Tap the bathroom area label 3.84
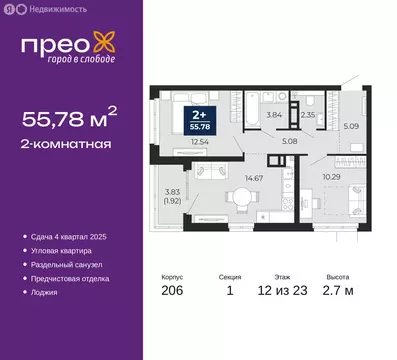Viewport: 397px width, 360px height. tap(274, 115)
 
